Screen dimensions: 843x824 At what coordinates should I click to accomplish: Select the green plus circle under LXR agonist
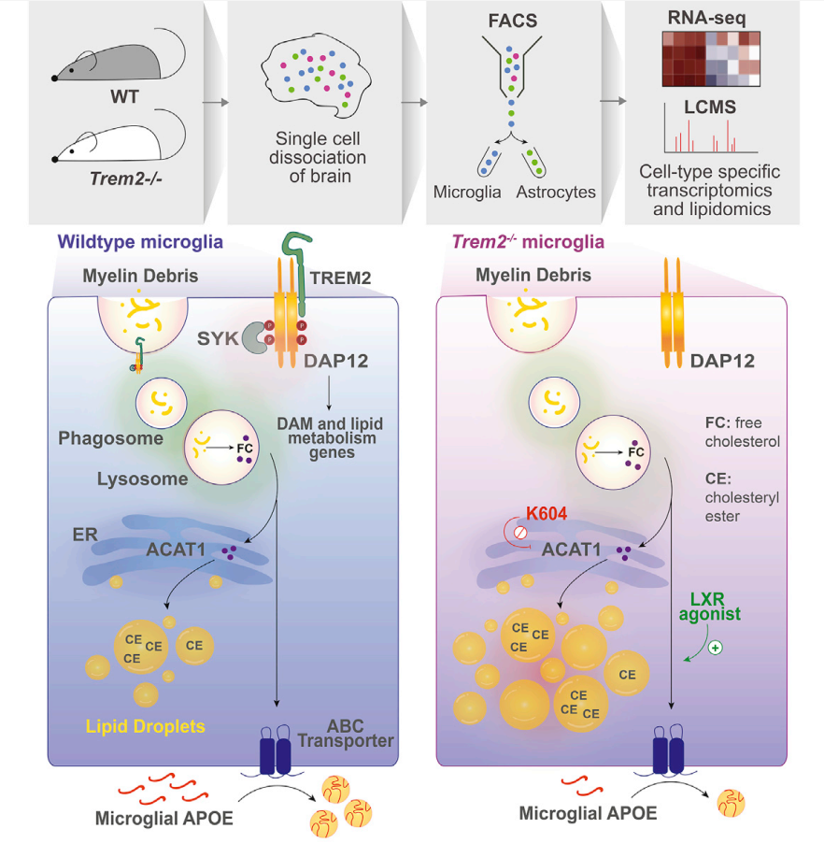tap(717, 647)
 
